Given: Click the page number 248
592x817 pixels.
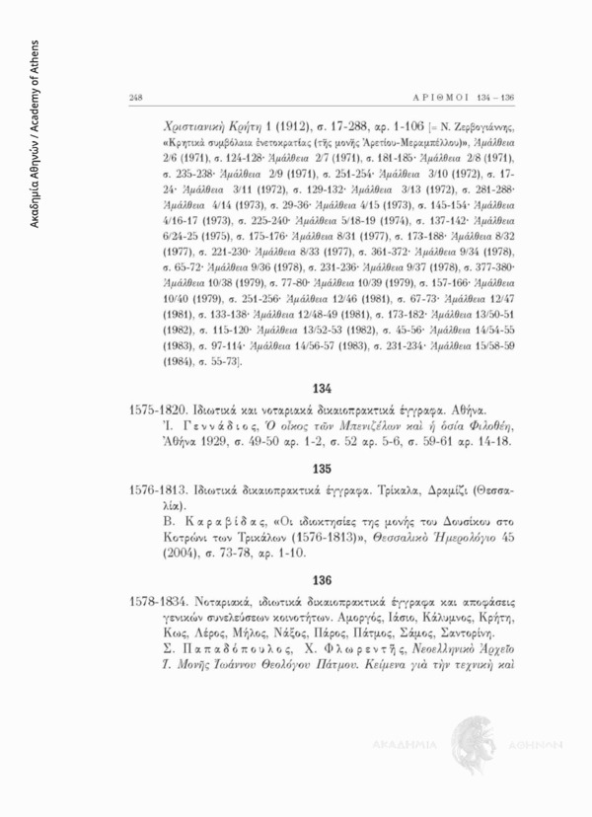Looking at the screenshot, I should click(135, 96).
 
